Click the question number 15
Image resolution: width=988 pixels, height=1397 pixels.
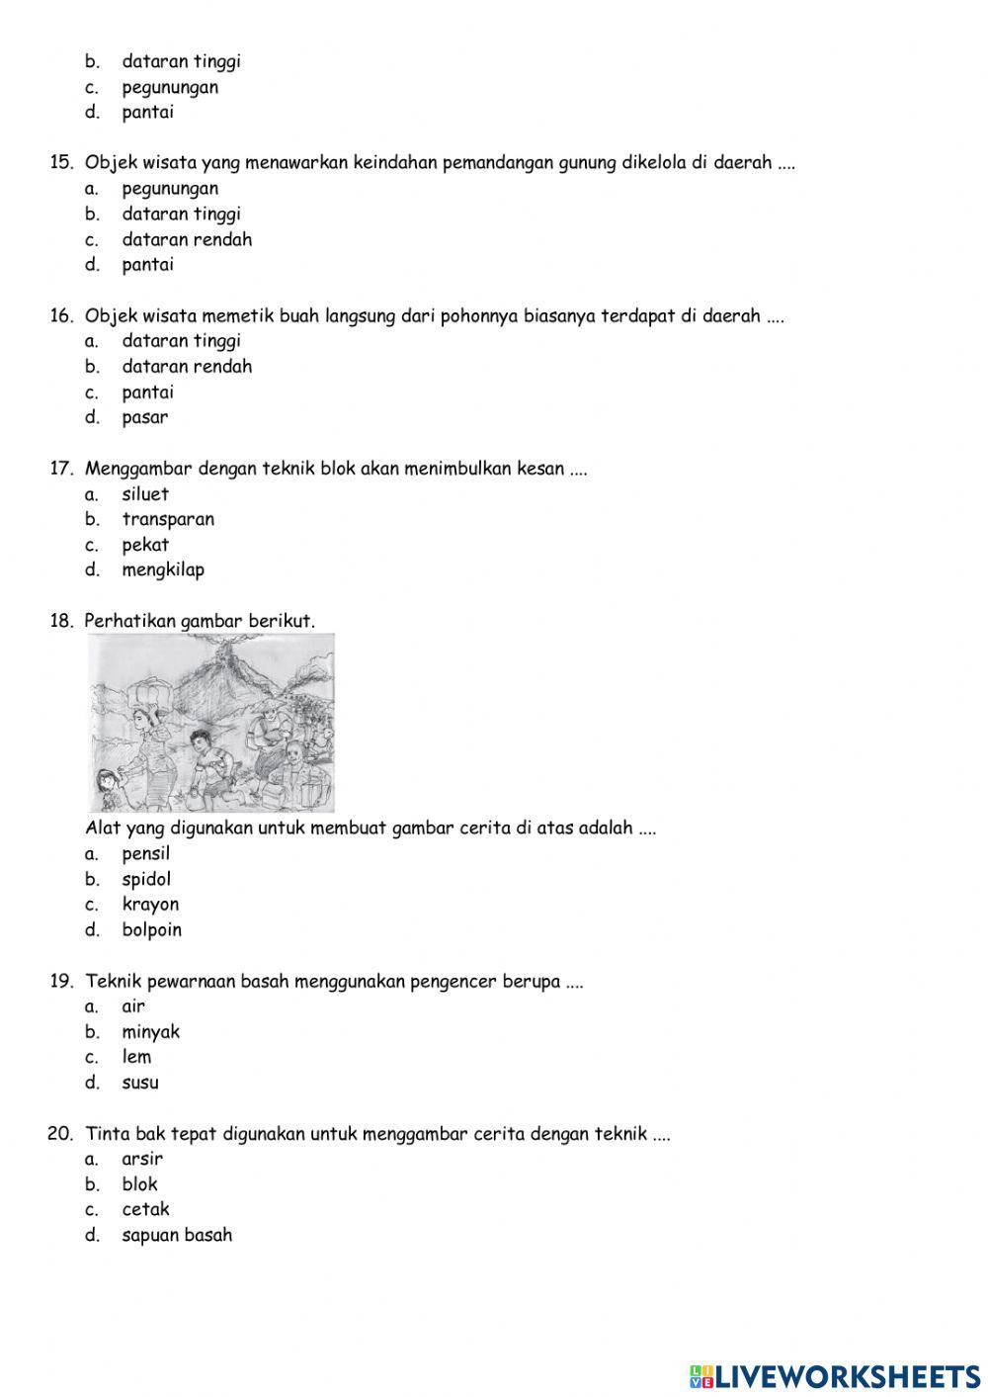61,163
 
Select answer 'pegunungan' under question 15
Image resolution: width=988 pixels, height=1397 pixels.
170,189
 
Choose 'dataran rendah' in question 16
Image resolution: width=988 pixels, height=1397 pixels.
187,367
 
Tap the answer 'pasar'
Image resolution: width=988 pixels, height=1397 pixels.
145,417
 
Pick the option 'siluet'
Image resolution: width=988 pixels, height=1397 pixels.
145,494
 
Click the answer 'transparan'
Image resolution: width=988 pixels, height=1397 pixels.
168,519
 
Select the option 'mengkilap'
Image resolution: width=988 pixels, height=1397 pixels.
163,569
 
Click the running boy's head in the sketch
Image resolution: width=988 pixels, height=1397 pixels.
201,740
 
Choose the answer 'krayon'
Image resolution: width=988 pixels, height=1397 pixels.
150,905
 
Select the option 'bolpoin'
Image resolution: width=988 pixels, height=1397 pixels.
151,930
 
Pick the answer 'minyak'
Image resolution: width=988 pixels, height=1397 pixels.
150,1032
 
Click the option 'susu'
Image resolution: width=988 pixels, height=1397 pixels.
140,1083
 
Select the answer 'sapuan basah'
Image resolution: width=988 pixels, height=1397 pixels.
177,1235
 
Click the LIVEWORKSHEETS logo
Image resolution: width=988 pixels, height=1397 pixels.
835,1376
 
